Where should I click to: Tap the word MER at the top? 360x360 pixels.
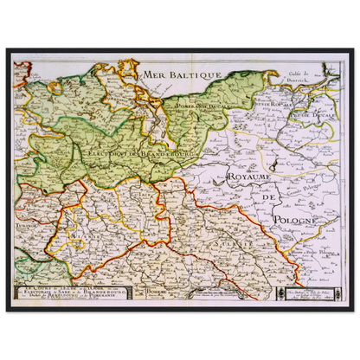pyautogui.click(x=159, y=77)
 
